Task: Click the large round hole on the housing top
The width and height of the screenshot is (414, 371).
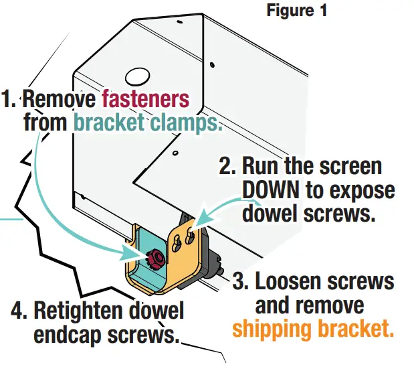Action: [x=139, y=75]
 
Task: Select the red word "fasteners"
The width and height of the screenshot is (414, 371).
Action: [x=145, y=100]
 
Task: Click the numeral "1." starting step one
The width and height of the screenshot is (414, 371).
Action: [x=9, y=100]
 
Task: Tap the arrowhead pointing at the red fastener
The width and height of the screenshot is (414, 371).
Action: [x=134, y=252]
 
